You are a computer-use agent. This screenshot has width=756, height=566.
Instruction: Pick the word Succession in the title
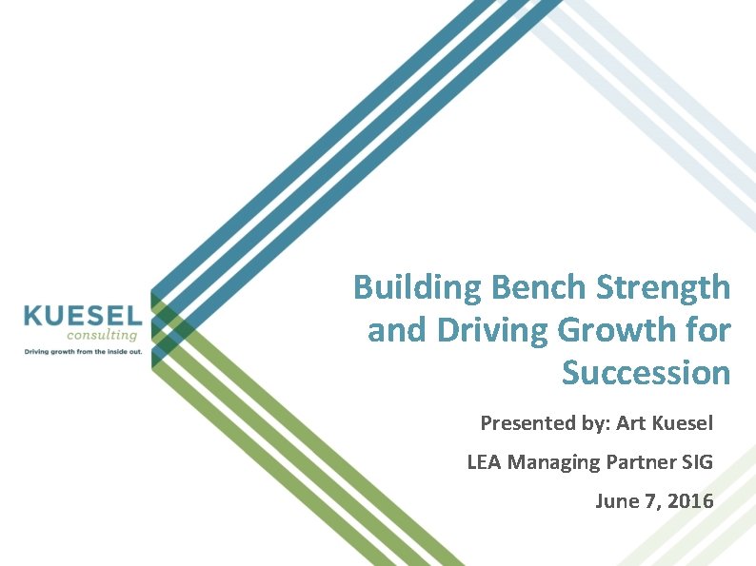pyautogui.click(x=646, y=372)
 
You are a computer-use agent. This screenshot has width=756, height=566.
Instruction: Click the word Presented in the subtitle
pyautogui.click(x=522, y=421)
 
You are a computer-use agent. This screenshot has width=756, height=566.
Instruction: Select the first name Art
pyautogui.click(x=631, y=421)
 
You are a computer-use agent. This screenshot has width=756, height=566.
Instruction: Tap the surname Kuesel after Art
pyautogui.click(x=683, y=421)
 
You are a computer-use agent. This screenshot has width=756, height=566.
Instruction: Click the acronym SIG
pyautogui.click(x=697, y=462)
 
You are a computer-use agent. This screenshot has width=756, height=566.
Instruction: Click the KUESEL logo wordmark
pyautogui.click(x=83, y=315)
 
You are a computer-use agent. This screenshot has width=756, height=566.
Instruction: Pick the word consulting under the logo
pyautogui.click(x=103, y=334)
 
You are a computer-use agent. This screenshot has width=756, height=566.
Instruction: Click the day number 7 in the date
pyautogui.click(x=651, y=500)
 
